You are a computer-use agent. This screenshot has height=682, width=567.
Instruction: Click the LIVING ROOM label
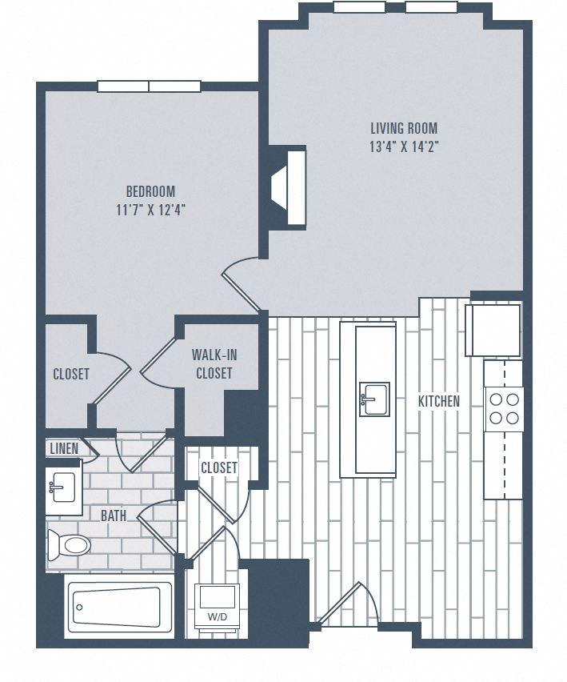pos(404,128)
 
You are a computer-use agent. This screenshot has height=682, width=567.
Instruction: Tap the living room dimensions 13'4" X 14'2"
pos(404,146)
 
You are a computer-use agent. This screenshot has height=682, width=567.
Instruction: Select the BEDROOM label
pos(150,191)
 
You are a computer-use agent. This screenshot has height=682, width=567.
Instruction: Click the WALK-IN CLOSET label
pos(214,363)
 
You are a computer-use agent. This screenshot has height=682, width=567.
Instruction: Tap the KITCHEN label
pos(439,401)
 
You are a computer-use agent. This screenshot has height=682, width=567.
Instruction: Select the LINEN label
pos(64,448)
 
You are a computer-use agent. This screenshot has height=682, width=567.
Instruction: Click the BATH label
pos(113,516)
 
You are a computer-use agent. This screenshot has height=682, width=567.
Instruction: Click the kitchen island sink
pos(373,399)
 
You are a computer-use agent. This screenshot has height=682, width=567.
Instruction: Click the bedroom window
pos(149,86)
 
